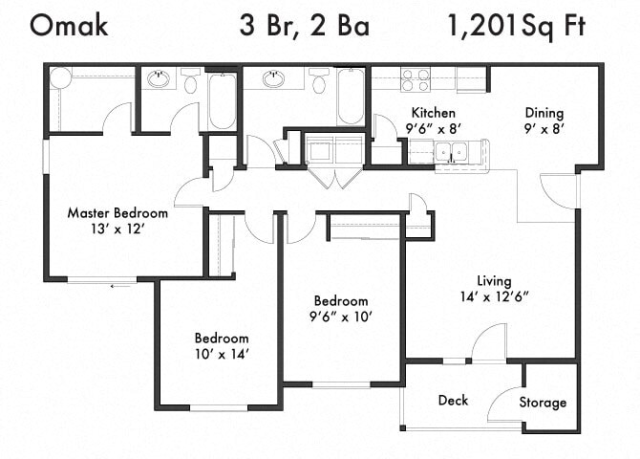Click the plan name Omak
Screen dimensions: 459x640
pyautogui.click(x=69, y=26)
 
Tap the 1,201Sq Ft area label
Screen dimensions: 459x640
pyautogui.click(x=516, y=26)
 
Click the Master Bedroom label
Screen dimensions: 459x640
pyautogui.click(x=117, y=212)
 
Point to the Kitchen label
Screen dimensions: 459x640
pyautogui.click(x=426, y=113)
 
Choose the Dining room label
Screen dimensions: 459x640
pyautogui.click(x=543, y=113)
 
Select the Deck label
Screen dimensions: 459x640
pyautogui.click(x=453, y=400)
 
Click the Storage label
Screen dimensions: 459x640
pyautogui.click(x=543, y=403)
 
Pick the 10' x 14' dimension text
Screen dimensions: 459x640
pyautogui.click(x=222, y=354)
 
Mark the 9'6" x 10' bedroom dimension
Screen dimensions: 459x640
pyautogui.click(x=341, y=316)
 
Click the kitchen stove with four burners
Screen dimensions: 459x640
pyautogui.click(x=415, y=78)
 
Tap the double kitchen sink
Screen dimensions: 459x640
pyautogui.click(x=450, y=151)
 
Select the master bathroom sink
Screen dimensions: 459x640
pyautogui.click(x=159, y=79)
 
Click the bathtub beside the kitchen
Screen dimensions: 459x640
pyautogui.click(x=351, y=97)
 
